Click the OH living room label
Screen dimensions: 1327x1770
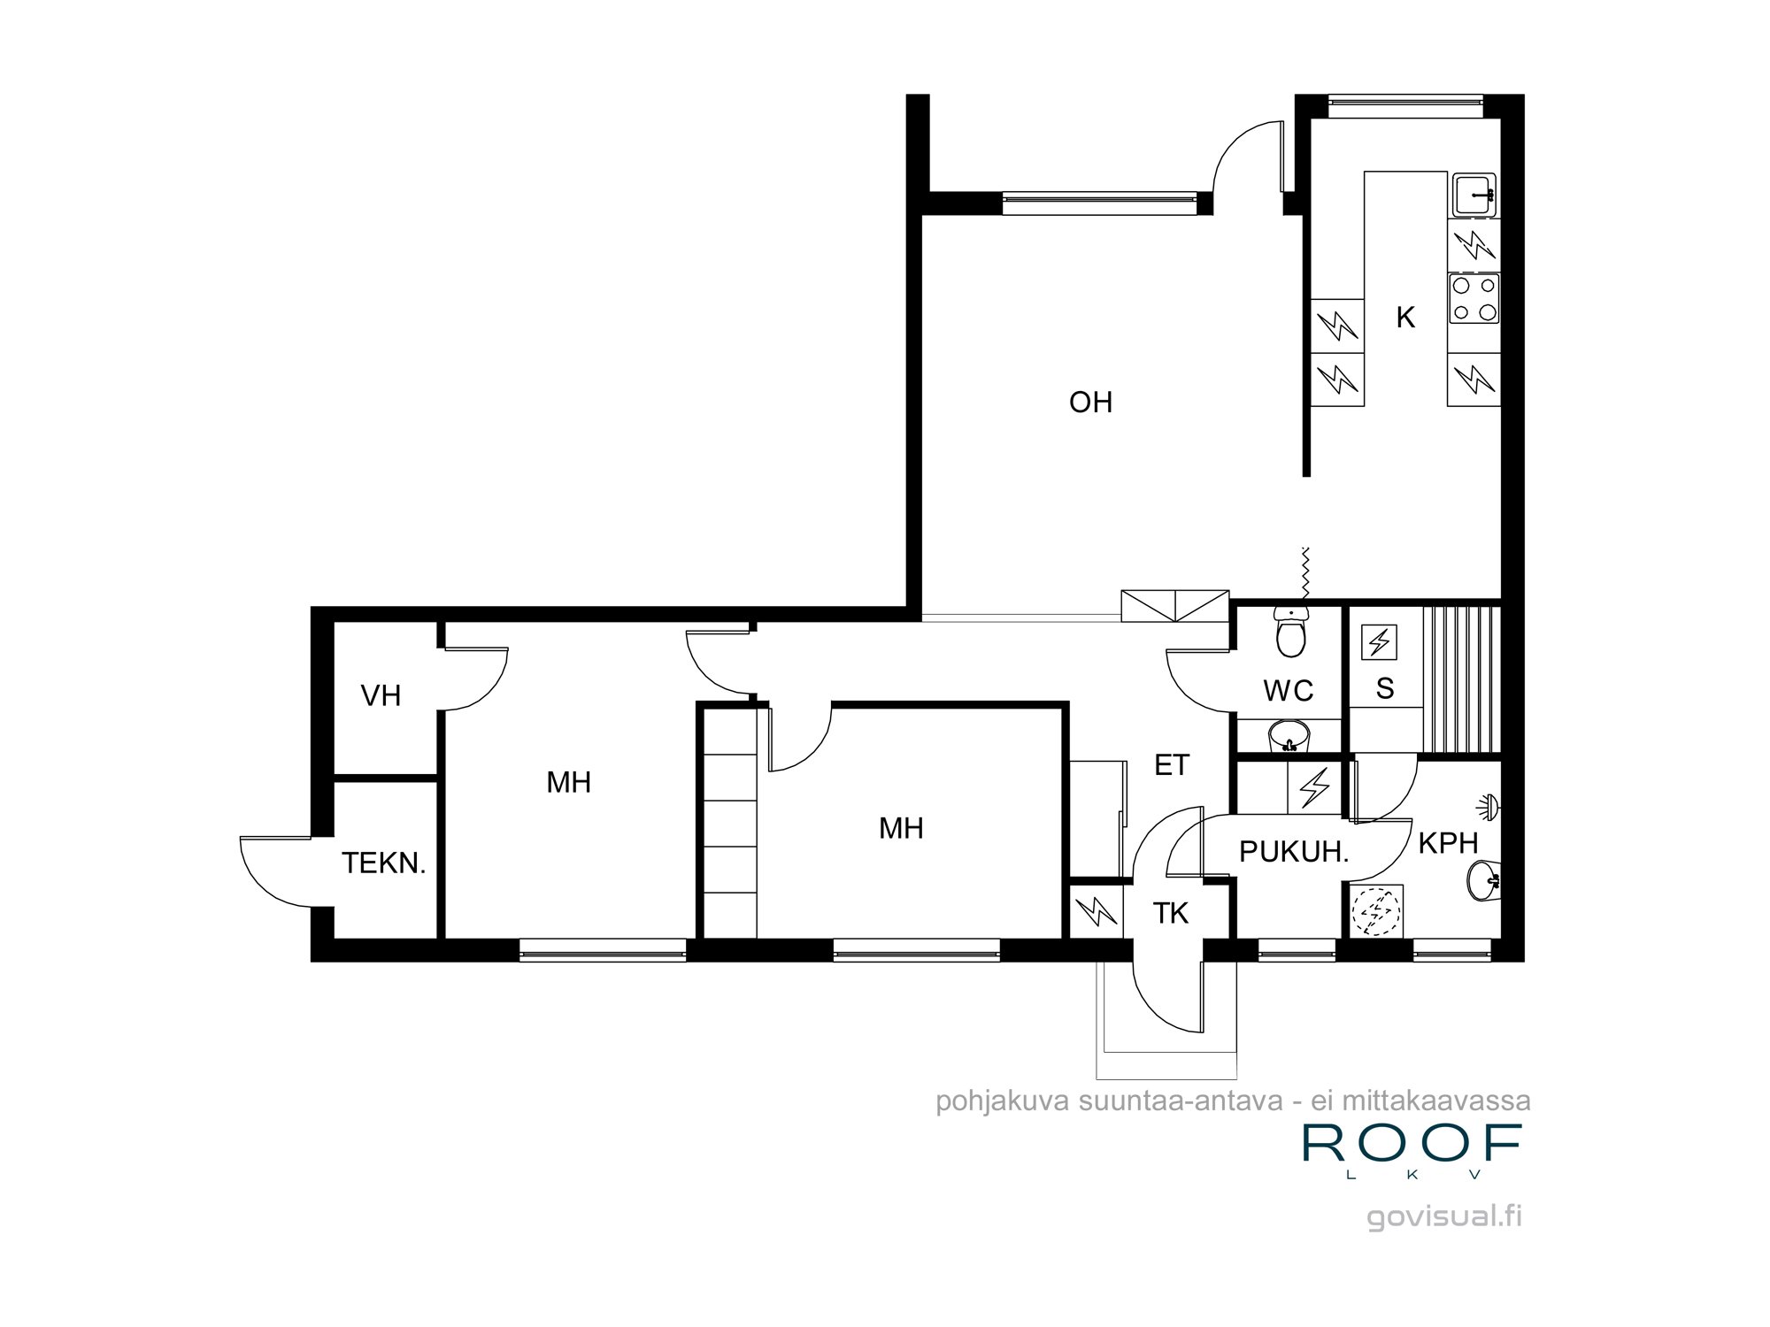(x=1090, y=403)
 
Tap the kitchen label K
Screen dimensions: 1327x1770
(x=1405, y=318)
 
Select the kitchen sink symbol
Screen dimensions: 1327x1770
(x=1473, y=194)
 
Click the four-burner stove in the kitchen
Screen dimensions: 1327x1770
(x=1474, y=298)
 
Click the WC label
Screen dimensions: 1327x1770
(x=1288, y=691)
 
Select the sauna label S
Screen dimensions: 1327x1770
(x=1385, y=688)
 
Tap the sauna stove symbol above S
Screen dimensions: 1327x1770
(x=1379, y=641)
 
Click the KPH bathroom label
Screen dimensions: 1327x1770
(x=1448, y=843)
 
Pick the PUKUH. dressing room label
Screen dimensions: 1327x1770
(x=1293, y=852)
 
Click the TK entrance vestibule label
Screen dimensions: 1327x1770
(x=1170, y=913)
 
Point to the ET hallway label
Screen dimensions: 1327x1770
(x=1172, y=765)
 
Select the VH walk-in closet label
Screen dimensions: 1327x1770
(x=381, y=696)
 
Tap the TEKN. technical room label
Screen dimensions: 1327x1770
(x=384, y=863)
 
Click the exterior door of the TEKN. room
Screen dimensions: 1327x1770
(x=274, y=871)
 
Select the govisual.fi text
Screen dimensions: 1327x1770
(x=1444, y=1216)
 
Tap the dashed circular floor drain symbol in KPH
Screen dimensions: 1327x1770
(x=1374, y=911)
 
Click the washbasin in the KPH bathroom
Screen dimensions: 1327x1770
(x=1485, y=881)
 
